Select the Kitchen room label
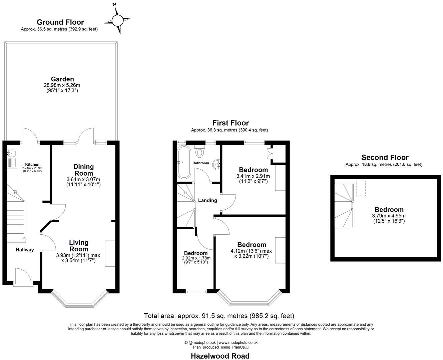[32, 164]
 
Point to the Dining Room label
[83, 170]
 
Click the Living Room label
[79, 246]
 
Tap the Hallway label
[25, 249]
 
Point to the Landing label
[207, 200]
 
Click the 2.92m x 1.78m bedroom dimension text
[196, 258]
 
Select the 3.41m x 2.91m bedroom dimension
[253, 176]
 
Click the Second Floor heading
[385, 157]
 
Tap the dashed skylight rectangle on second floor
[361, 188]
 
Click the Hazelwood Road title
[220, 356]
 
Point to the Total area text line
[219, 315]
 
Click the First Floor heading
[231, 123]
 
